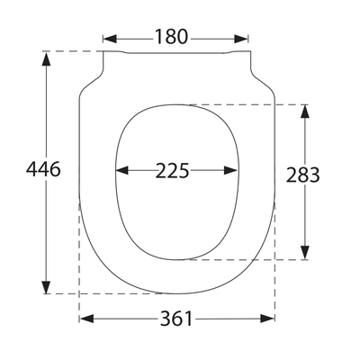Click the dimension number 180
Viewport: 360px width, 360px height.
click(171, 38)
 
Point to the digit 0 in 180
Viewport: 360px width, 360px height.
click(184, 38)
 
